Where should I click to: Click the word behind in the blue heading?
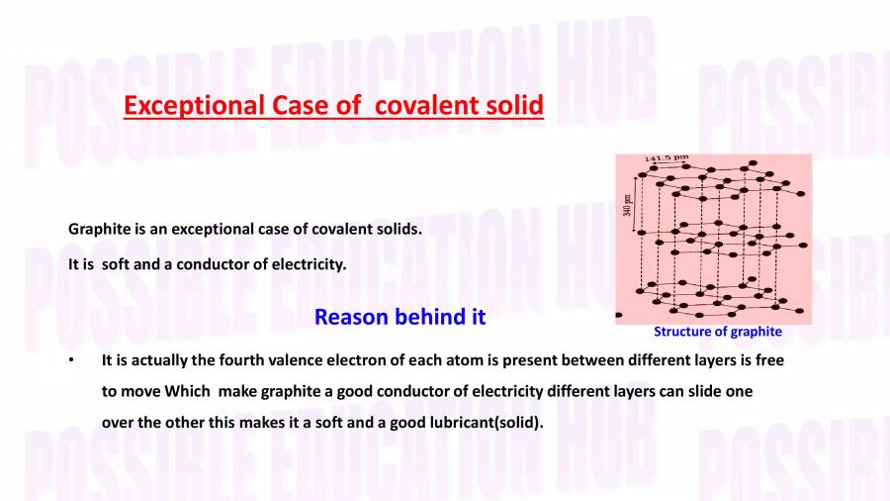[x=429, y=317]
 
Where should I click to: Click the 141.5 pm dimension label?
[x=667, y=158]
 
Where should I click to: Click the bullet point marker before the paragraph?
[x=71, y=360]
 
